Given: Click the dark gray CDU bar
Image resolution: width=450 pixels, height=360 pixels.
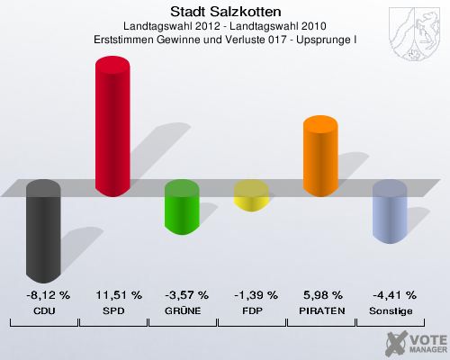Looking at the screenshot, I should click(43, 231).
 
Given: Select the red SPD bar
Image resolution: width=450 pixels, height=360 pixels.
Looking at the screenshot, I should click(112, 126).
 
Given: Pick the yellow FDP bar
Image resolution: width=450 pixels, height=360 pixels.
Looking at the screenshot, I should click(251, 195).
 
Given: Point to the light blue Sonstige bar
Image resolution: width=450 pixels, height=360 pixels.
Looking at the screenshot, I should click(390, 211).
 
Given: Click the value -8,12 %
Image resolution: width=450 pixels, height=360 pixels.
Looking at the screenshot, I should click(43, 294).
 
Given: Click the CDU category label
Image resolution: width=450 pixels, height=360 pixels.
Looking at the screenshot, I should click(43, 310).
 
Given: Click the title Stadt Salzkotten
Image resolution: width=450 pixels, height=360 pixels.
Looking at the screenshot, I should click(225, 13).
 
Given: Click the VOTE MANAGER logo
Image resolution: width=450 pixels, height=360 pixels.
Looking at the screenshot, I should click(414, 342).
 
